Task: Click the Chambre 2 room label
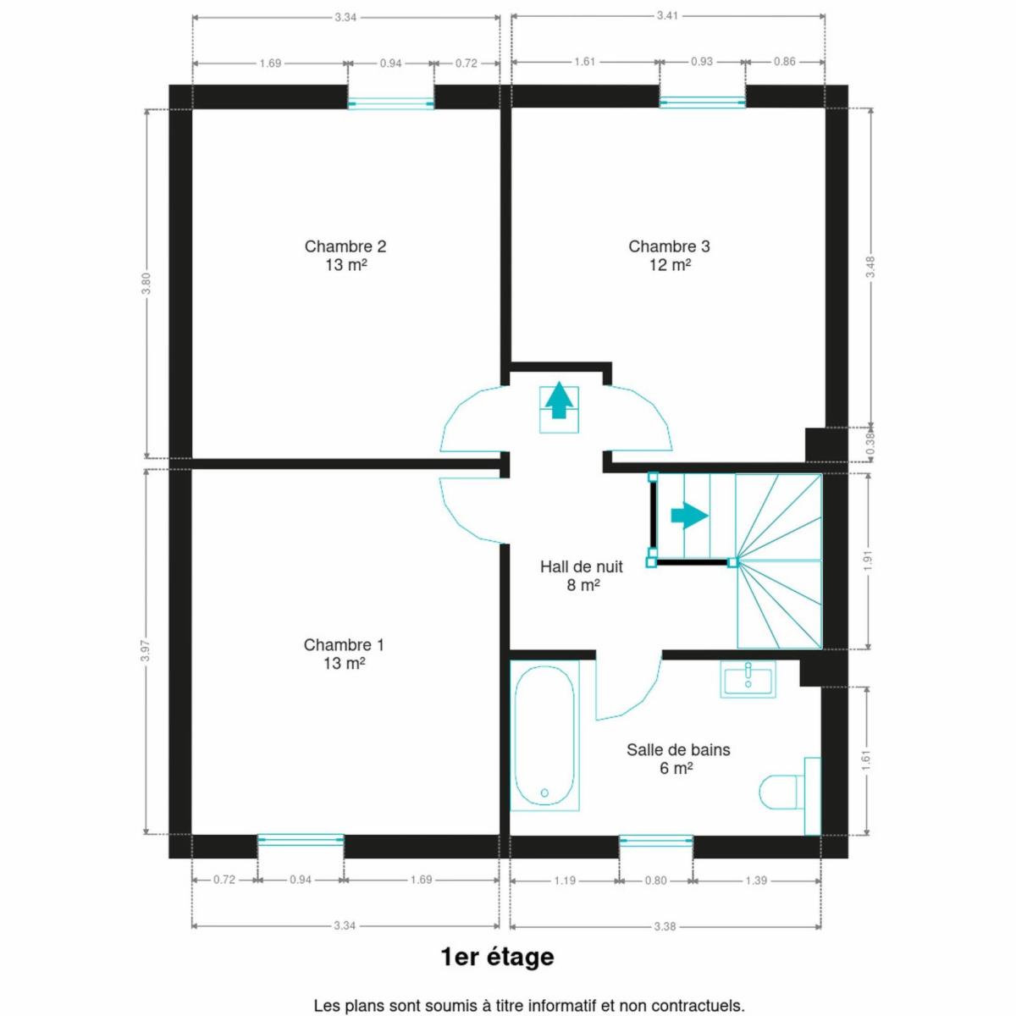click(x=345, y=255)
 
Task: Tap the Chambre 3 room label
click(x=669, y=255)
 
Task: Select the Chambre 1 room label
click(x=344, y=654)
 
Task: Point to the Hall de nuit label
click(x=582, y=575)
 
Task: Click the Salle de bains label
click(x=678, y=759)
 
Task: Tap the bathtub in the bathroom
click(x=544, y=736)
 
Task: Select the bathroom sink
click(x=748, y=680)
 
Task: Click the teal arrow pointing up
click(x=559, y=400)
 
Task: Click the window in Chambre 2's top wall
click(x=390, y=103)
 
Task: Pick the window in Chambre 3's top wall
click(x=702, y=102)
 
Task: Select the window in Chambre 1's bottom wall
click(x=301, y=841)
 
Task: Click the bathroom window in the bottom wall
click(x=656, y=841)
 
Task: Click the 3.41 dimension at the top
click(x=667, y=16)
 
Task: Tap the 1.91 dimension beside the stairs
click(x=869, y=560)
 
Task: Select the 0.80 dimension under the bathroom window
click(x=656, y=880)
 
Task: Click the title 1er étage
click(x=497, y=957)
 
